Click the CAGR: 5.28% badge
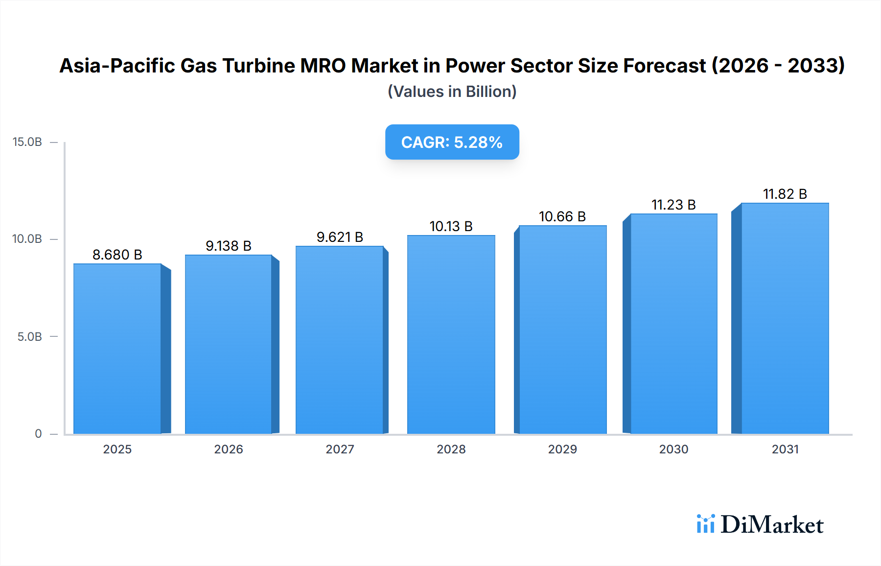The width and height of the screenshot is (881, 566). pyautogui.click(x=452, y=142)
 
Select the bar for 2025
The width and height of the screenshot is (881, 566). pyautogui.click(x=117, y=349)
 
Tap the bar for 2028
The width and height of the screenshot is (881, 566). pyautogui.click(x=451, y=334)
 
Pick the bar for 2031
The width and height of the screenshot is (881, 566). pyautogui.click(x=785, y=318)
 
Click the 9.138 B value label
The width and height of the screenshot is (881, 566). pyautogui.click(x=229, y=246)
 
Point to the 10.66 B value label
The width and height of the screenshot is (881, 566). pyautogui.click(x=562, y=216)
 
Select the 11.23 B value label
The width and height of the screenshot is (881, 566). pyautogui.click(x=673, y=205)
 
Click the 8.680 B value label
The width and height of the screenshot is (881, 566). pyautogui.click(x=117, y=255)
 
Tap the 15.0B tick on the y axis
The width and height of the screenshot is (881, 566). pyautogui.click(x=27, y=142)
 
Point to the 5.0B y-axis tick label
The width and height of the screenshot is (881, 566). pyautogui.click(x=29, y=337)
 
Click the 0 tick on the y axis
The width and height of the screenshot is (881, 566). pyautogui.click(x=38, y=434)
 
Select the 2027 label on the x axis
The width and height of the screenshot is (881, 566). pyautogui.click(x=340, y=449)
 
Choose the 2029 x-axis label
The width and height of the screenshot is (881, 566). pyautogui.click(x=562, y=449)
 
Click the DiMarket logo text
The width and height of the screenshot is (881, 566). pyautogui.click(x=772, y=524)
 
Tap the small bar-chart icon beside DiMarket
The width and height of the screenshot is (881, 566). pyautogui.click(x=705, y=524)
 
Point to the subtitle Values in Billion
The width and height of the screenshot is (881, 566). pyautogui.click(x=452, y=92)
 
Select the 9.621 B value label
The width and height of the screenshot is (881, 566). pyautogui.click(x=340, y=237)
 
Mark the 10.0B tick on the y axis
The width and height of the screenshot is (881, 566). pyautogui.click(x=27, y=239)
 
